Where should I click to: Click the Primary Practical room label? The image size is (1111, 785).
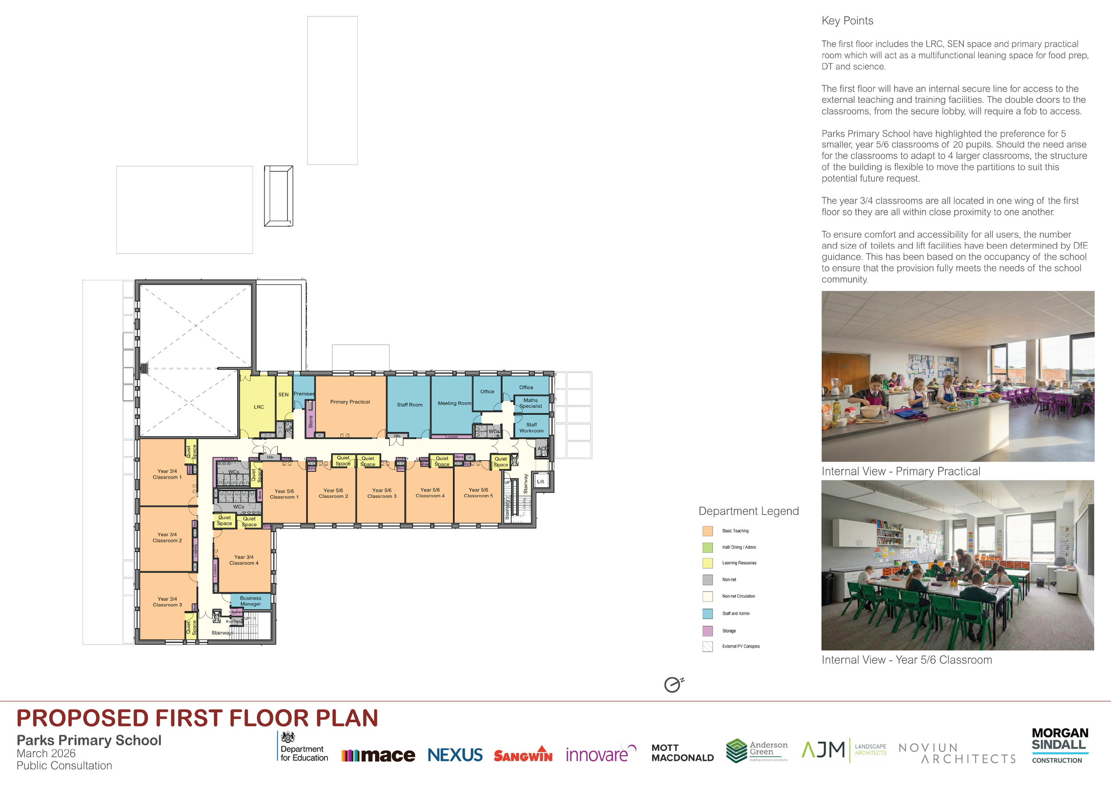click(350, 402)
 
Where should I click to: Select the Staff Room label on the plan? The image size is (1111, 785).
click(409, 405)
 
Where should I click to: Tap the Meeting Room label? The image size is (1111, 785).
click(454, 403)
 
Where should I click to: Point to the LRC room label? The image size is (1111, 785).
click(259, 407)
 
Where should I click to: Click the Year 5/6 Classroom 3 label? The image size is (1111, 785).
click(381, 493)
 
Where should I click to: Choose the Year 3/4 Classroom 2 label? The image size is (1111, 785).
click(167, 538)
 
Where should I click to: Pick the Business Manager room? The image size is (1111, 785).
click(250, 601)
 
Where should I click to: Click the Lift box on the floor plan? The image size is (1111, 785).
click(540, 481)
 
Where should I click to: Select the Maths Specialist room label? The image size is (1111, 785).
click(530, 403)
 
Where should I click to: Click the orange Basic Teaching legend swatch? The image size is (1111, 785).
click(707, 531)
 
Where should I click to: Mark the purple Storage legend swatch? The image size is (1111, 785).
click(707, 631)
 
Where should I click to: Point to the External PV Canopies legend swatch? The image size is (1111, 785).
click(707, 647)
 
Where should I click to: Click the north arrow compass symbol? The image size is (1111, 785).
click(673, 685)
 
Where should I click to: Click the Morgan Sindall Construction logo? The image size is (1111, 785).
click(1060, 745)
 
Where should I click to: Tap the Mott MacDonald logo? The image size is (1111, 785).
click(682, 753)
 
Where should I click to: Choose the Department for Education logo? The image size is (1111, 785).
click(303, 747)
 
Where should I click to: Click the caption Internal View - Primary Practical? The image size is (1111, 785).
click(900, 471)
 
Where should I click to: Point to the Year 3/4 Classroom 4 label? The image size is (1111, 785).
click(244, 560)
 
